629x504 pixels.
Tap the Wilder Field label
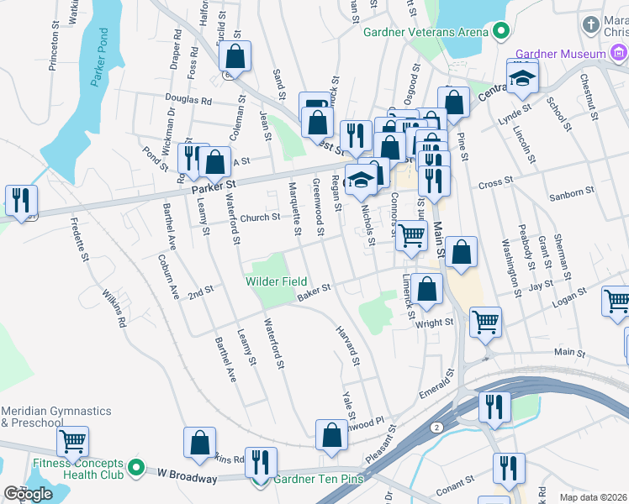tap(276, 281)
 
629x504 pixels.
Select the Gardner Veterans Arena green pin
tap(501, 32)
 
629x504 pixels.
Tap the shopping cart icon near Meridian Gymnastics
tap(74, 440)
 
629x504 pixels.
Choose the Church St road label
tap(259, 218)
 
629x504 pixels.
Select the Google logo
tap(28, 493)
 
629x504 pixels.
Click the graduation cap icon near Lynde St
tap(522, 79)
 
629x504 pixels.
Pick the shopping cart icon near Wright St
tap(486, 322)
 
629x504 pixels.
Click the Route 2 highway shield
tap(436, 428)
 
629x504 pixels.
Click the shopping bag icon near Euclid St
tap(235, 57)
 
